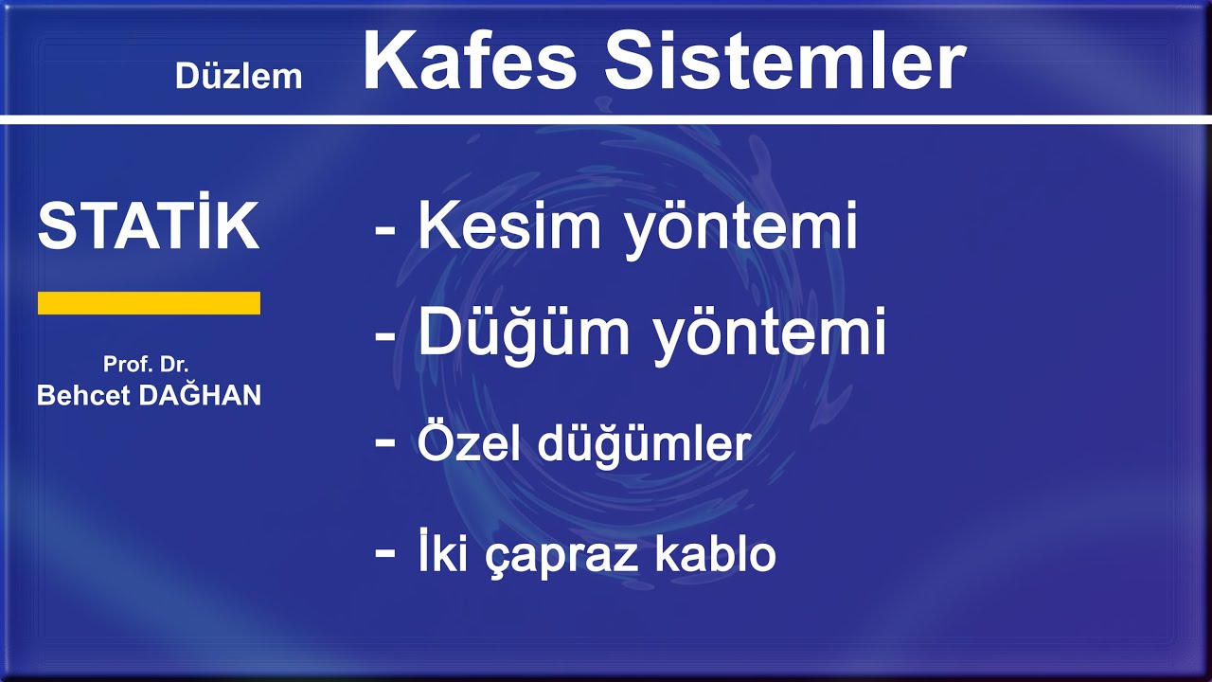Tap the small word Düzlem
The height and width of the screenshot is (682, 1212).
pyautogui.click(x=239, y=77)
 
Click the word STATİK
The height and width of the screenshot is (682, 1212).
pyautogui.click(x=149, y=227)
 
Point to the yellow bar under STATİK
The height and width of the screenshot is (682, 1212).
pyautogui.click(x=149, y=303)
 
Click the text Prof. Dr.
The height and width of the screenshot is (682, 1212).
pyautogui.click(x=146, y=365)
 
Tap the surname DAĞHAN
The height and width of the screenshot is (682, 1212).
pyautogui.click(x=200, y=395)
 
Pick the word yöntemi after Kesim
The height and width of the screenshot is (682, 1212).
pyautogui.click(x=740, y=228)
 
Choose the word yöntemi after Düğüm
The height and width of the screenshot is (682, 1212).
pyautogui.click(x=769, y=334)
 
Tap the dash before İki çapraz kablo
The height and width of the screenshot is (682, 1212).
pyautogui.click(x=385, y=551)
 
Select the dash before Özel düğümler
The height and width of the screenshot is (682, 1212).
pyautogui.click(x=385, y=441)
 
